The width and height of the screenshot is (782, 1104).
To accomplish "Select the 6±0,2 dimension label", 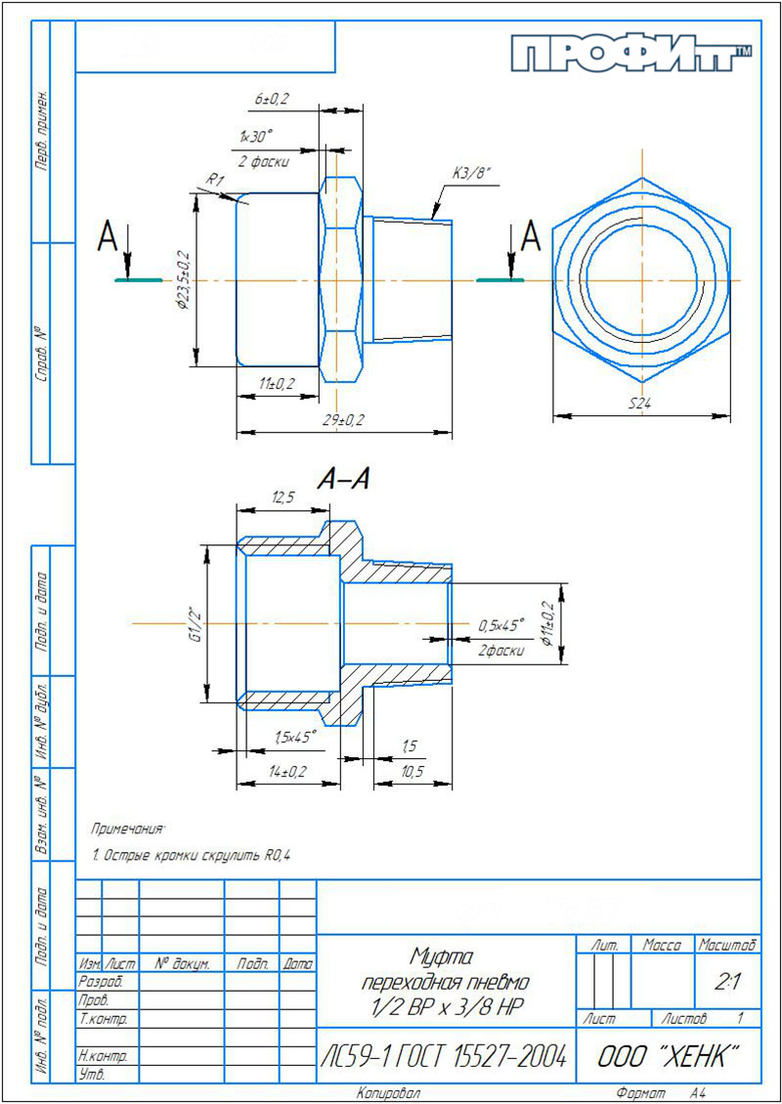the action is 272,100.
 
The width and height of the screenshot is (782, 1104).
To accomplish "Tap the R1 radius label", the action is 214,180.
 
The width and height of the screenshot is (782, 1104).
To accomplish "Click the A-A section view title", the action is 344,480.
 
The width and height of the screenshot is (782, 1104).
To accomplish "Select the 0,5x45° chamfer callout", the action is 502,625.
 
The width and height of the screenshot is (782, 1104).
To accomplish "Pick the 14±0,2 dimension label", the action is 287,773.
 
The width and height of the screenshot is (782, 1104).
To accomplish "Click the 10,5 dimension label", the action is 412,773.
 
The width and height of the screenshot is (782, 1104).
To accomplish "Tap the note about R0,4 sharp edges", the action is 192,856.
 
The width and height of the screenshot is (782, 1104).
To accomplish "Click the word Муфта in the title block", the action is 442,955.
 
